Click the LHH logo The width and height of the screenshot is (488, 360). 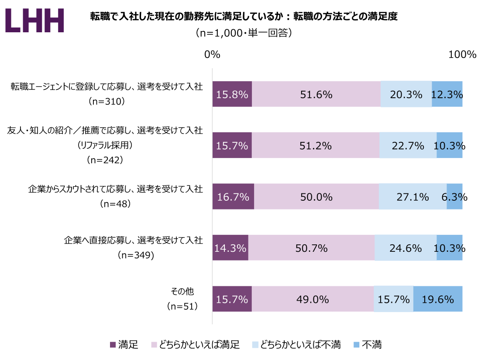pyautogui.click(x=35, y=20)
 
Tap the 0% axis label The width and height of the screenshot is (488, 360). pyautogui.click(x=212, y=55)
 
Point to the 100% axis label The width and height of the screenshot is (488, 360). pyautogui.click(x=462, y=55)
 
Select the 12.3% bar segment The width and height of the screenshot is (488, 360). pyautogui.click(x=447, y=94)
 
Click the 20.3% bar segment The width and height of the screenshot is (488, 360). pyautogui.click(x=406, y=94)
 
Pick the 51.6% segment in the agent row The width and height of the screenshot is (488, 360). pyautogui.click(x=316, y=94)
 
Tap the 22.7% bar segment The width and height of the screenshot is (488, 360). pyautogui.click(x=408, y=145)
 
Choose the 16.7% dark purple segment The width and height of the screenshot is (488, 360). pyautogui.click(x=233, y=196)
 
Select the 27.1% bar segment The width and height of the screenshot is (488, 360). pyautogui.click(x=412, y=196)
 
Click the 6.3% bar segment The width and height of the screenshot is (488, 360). pyautogui.click(x=454, y=196)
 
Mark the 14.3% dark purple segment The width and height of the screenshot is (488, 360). pyautogui.click(x=230, y=248)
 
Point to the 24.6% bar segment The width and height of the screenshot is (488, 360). pyautogui.click(x=406, y=248)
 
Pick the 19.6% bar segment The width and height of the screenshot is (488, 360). pyautogui.click(x=438, y=299)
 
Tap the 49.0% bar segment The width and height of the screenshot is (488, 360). pyautogui.click(x=313, y=299)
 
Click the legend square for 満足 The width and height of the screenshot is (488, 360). pyautogui.click(x=113, y=345)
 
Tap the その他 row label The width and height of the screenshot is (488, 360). pyautogui.click(x=182, y=291)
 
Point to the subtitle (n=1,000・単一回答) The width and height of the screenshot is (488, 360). pyautogui.click(x=244, y=33)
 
